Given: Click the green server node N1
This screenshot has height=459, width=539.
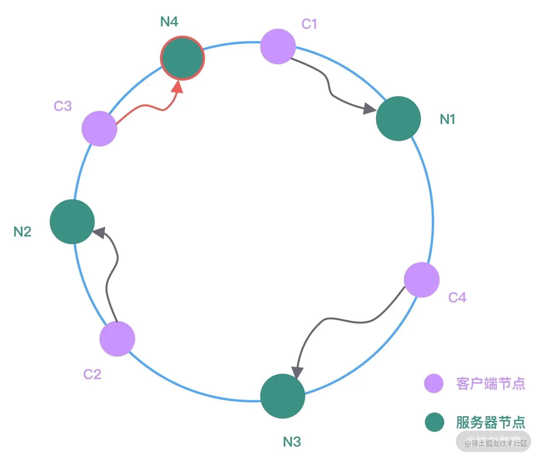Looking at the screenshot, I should tap(398, 119).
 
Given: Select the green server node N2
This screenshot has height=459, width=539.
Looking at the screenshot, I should tap(72, 222).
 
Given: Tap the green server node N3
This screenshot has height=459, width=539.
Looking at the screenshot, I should tap(282, 396).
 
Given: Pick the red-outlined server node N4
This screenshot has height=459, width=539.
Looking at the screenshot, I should tap(182, 58).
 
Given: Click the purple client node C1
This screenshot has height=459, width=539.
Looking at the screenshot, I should tap(278, 47).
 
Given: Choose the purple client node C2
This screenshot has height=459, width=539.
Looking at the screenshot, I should tap(117, 339).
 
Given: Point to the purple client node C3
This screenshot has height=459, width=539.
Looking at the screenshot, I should tap(99, 129).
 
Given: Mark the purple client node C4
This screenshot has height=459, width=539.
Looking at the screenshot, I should tap(421, 280).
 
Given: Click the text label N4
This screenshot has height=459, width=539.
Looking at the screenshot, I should tap(169, 22).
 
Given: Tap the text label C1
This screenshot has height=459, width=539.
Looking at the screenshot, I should tap(309, 24).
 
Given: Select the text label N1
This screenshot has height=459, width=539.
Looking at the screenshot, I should tap(447, 119).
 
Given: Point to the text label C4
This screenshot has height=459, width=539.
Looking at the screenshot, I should tap(457, 297).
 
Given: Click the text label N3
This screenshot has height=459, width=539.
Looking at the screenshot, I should tap(292, 442).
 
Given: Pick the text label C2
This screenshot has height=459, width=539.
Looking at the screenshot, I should tap(92, 374).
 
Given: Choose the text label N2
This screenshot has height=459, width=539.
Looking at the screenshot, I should tap(22, 232).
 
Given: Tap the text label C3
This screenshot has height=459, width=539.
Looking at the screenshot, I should tap(63, 106).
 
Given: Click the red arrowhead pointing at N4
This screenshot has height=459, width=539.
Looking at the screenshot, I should tap(178, 87).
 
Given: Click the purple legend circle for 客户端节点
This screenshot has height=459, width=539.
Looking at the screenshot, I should tap(434, 383).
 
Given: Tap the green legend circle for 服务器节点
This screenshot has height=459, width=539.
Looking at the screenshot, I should tap(434, 422).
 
